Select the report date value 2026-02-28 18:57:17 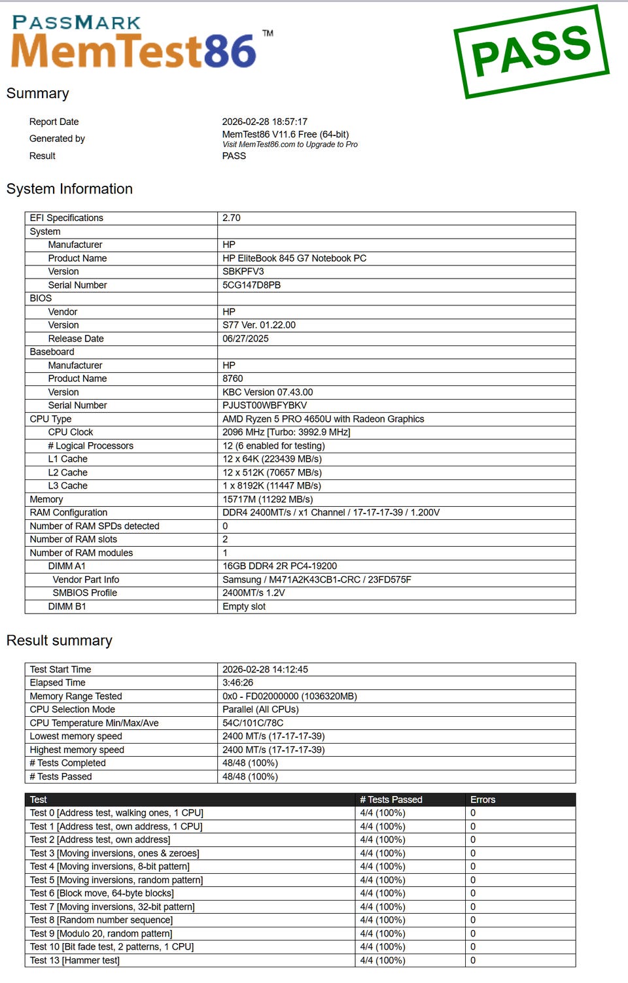264,122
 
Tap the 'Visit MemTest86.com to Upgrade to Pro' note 290,145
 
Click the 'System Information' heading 69,189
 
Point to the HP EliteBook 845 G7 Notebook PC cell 294,258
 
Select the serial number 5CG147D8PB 251,285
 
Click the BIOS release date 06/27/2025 245,339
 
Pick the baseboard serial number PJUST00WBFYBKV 264,405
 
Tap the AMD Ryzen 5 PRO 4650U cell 323,419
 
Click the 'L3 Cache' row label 67,486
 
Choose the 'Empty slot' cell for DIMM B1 244,607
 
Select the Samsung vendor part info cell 317,580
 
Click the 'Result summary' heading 60,641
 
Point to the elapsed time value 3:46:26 237,683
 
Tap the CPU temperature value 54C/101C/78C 253,723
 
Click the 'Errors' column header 483,800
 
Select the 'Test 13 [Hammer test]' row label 75,961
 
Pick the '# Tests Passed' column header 391,800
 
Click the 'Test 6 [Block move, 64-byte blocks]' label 101,893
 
